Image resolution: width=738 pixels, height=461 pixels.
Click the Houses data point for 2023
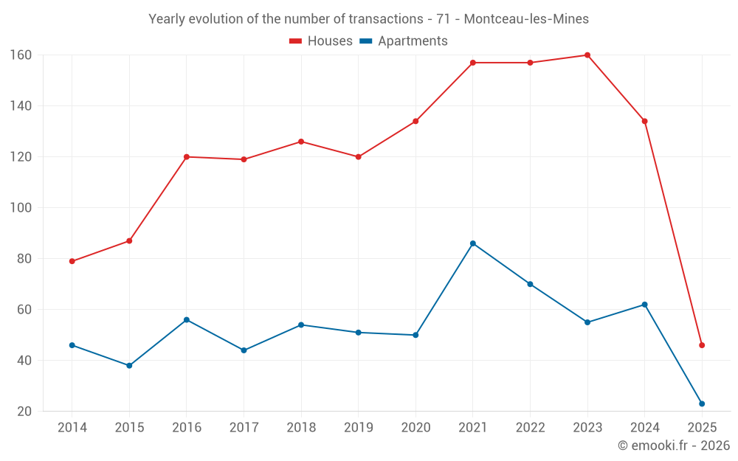[x=587, y=55]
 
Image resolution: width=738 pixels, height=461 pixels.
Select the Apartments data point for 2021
[x=473, y=243]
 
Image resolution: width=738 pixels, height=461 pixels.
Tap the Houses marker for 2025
[x=702, y=345]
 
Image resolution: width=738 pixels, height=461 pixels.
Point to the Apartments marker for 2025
[x=702, y=403]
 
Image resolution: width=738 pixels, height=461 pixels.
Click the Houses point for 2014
[x=72, y=261]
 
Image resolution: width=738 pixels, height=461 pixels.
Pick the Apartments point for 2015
[x=129, y=366]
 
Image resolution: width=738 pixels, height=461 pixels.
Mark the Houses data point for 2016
[x=187, y=156]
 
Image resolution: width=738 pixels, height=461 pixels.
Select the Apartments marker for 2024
[x=644, y=305]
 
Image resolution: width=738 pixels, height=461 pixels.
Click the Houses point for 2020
[x=415, y=121]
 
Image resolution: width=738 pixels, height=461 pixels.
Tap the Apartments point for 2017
[x=244, y=350]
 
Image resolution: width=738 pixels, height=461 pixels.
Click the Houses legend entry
[x=321, y=41]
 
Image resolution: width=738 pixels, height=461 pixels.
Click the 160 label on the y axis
[x=21, y=55]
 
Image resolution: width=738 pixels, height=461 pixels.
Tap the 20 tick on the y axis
[x=24, y=412]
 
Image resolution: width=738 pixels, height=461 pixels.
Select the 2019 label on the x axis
[x=358, y=428]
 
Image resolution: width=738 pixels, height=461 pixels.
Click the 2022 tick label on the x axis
[x=530, y=428]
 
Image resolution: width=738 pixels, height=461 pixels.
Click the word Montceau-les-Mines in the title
[x=527, y=18]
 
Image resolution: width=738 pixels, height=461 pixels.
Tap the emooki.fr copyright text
[x=673, y=446]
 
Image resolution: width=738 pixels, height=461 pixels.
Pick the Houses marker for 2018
[x=301, y=142]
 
